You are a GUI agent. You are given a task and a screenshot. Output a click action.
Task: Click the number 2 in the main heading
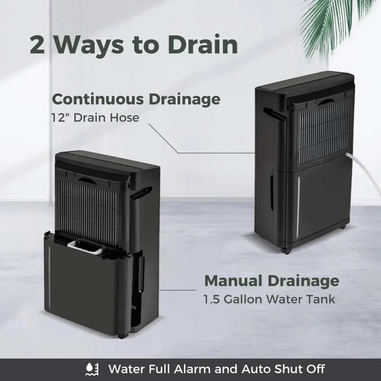(x=38, y=45)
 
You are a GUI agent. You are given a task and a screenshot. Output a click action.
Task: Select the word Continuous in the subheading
(x=98, y=99)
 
